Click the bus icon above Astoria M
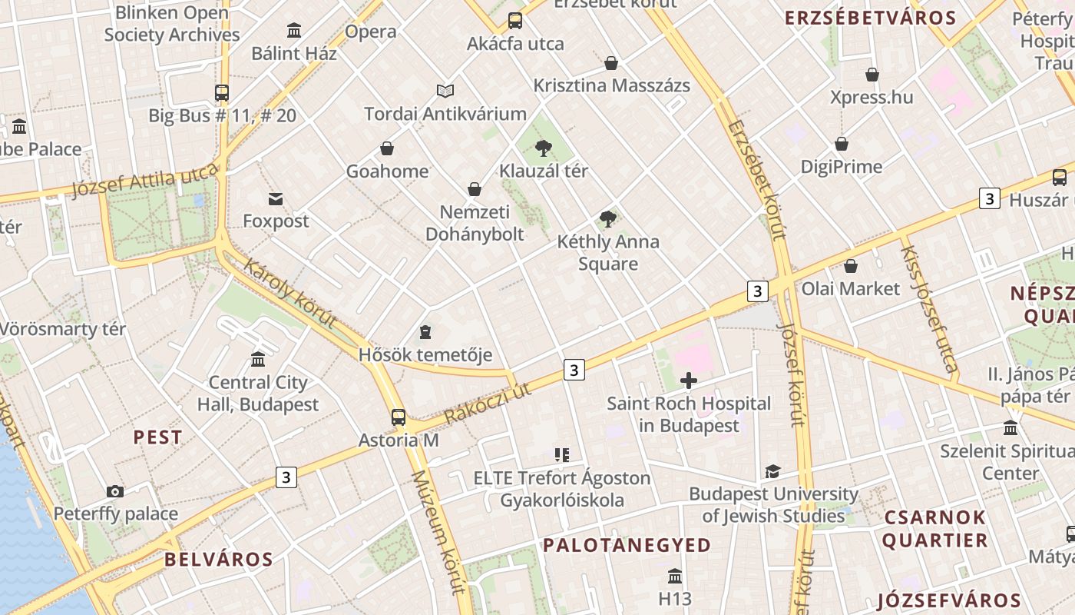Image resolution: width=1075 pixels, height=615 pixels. (398, 417)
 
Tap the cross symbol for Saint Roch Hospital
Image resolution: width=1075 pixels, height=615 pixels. (689, 380)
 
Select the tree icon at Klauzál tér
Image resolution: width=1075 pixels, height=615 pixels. (544, 148)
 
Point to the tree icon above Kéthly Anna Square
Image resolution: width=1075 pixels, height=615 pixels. (608, 219)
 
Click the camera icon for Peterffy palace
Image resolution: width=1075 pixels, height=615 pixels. (115, 491)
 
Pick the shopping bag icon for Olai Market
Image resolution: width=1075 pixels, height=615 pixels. (850, 266)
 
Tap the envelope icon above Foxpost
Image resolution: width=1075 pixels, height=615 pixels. (276, 199)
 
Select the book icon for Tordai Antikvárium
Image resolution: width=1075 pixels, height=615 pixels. (445, 91)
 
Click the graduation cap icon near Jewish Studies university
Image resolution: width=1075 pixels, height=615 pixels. (772, 471)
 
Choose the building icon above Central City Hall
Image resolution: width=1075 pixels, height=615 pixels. (258, 360)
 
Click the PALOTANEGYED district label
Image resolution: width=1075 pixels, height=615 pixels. (627, 545)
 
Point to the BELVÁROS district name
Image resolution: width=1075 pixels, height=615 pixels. (219, 559)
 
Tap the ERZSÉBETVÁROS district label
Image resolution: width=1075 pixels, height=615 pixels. (870, 18)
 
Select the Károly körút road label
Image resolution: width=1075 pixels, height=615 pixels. (290, 294)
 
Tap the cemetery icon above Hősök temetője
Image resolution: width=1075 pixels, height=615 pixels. (425, 332)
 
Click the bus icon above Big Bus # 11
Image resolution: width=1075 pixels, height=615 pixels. (222, 93)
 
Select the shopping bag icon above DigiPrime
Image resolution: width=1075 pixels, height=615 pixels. (842, 144)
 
